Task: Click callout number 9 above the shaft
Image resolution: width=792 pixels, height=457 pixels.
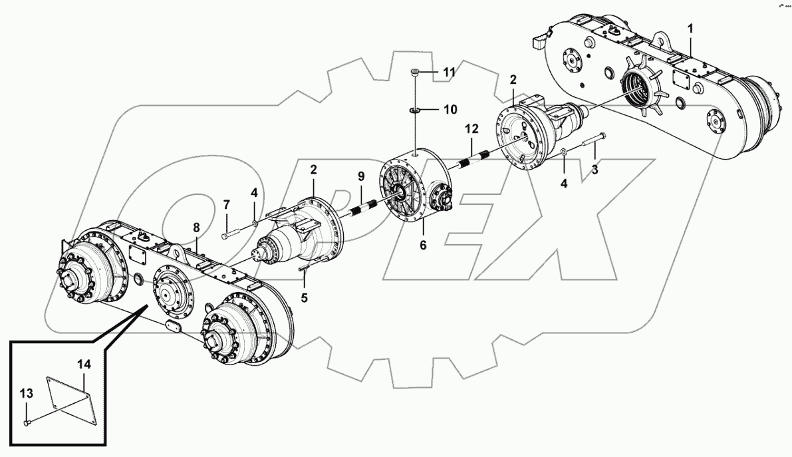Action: coord(361,176)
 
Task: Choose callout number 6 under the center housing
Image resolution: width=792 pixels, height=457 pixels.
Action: coord(422,245)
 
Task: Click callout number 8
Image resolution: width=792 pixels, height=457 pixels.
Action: coord(196,228)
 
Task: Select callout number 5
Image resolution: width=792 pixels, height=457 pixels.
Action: coord(305,297)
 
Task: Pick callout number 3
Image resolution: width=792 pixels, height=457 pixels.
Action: coord(594,170)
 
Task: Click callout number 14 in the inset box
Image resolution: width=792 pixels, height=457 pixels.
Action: coord(83,364)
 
